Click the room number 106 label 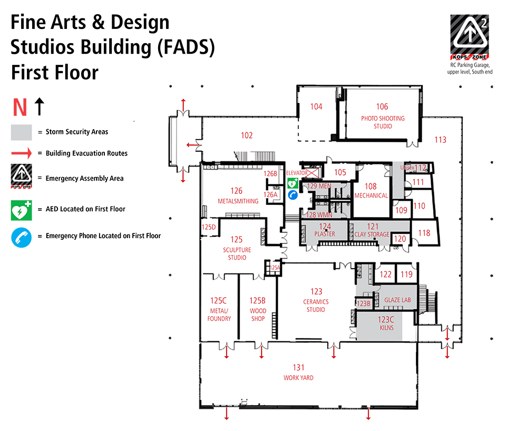pyautogui.click(x=382, y=107)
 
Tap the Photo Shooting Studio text pyautogui.click(x=383, y=122)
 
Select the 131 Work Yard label pyautogui.click(x=299, y=372)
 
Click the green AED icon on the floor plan pyautogui.click(x=293, y=183)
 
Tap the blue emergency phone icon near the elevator pyautogui.click(x=293, y=195)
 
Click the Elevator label pyautogui.click(x=297, y=173)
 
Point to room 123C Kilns pyautogui.click(x=386, y=323)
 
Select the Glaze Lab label pyautogui.click(x=397, y=300)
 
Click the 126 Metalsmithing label pyautogui.click(x=238, y=195)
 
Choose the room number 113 pyautogui.click(x=440, y=140)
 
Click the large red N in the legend pyautogui.click(x=20, y=107)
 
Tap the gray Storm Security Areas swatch pyautogui.click(x=22, y=132)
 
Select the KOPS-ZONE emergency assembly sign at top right pyautogui.click(x=469, y=36)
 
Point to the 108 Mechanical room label pyautogui.click(x=371, y=190)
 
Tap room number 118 pyautogui.click(x=424, y=233)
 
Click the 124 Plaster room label pyautogui.click(x=325, y=230)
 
